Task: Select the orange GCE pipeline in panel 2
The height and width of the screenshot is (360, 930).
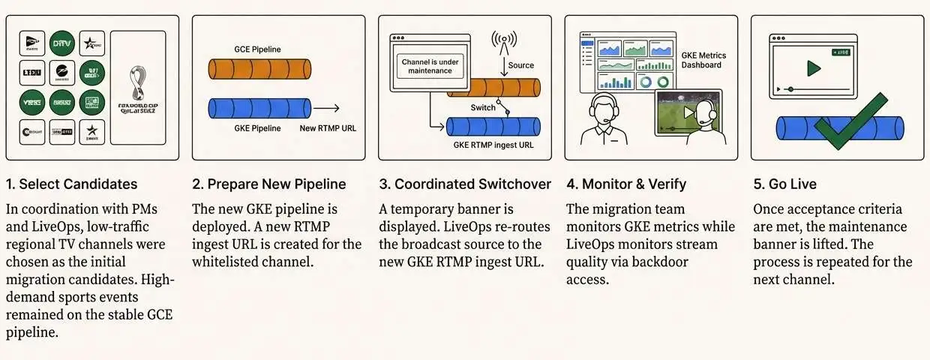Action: [258, 70]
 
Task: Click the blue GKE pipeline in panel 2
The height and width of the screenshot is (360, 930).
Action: [258, 108]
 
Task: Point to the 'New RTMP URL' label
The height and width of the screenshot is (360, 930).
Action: [328, 128]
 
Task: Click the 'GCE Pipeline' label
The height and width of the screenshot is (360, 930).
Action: [257, 49]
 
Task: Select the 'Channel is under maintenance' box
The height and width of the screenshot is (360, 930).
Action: [430, 65]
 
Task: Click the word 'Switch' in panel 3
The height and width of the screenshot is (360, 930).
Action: [483, 107]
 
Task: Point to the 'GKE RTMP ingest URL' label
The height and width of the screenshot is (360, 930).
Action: [493, 145]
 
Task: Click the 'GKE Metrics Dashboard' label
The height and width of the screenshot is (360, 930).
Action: [703, 60]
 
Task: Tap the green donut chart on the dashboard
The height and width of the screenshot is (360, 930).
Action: [663, 82]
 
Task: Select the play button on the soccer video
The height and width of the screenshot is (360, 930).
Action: [688, 112]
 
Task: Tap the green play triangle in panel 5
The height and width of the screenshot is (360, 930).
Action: [813, 68]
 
